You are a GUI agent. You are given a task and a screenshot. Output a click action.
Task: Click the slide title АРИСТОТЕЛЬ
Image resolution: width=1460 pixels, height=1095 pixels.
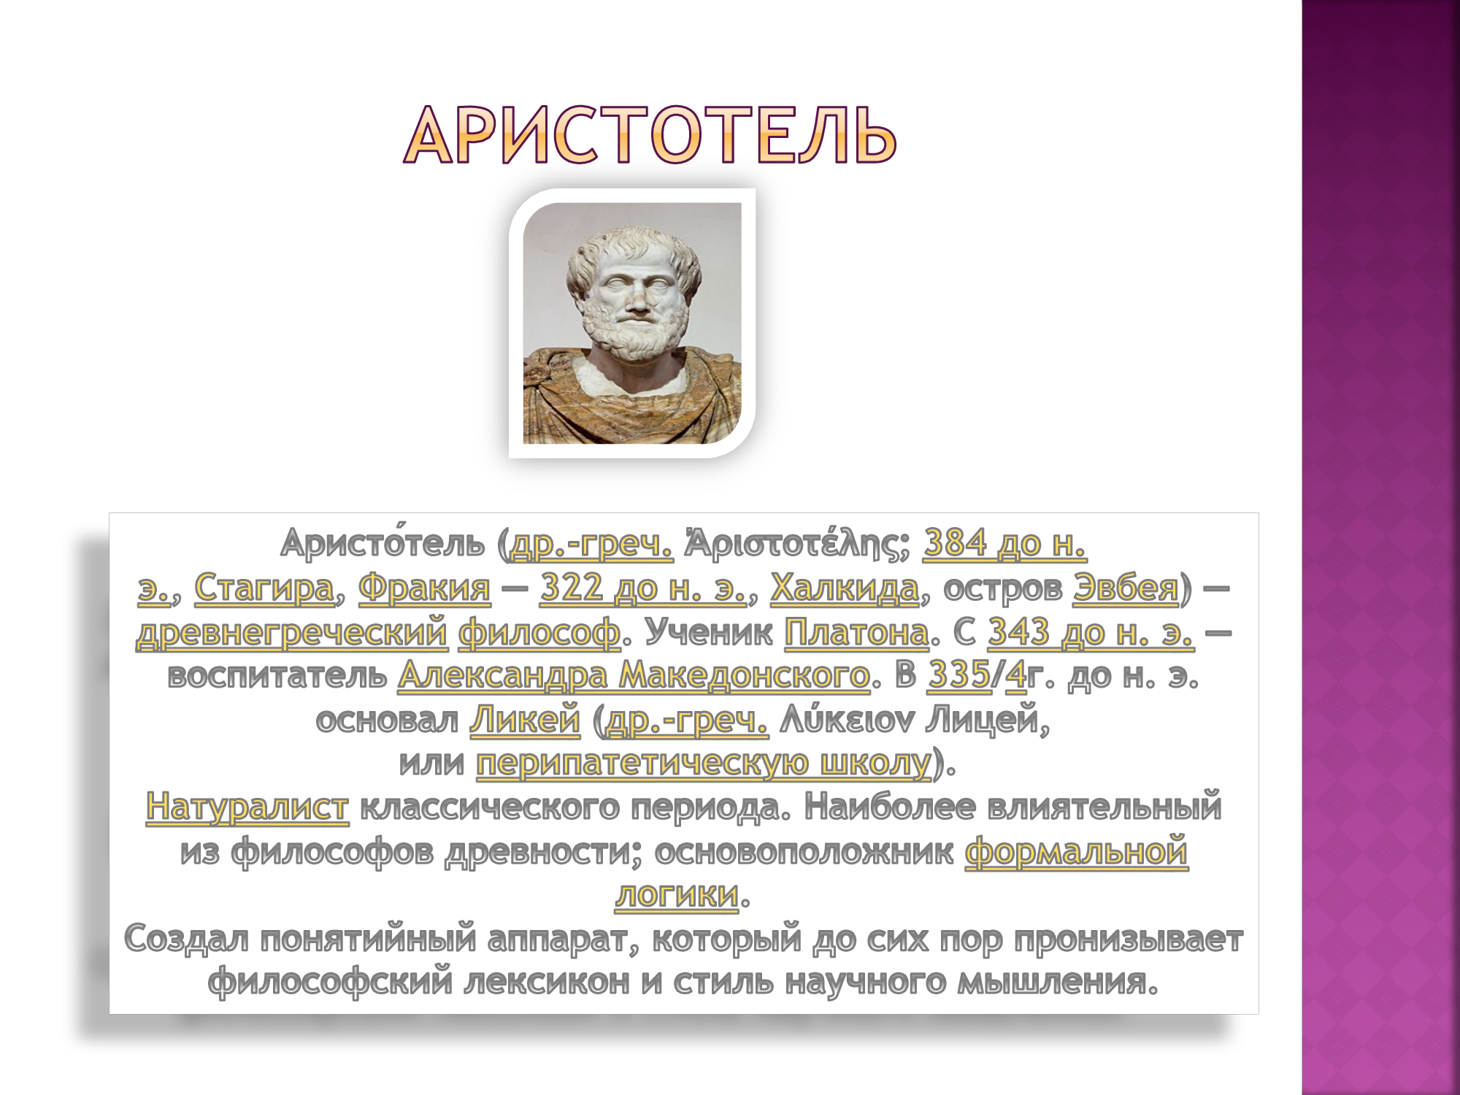(650, 135)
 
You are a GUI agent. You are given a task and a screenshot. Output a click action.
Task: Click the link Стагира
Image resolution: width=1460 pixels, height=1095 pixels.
(264, 588)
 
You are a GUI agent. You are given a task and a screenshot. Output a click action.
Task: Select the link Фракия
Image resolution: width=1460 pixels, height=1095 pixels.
(424, 588)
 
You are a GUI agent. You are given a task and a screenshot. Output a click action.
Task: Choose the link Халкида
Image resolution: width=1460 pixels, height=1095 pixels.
(845, 588)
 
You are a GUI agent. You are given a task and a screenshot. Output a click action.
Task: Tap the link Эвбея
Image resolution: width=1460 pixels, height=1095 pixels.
(1126, 588)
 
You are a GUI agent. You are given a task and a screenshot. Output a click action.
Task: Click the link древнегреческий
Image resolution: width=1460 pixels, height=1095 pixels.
(291, 632)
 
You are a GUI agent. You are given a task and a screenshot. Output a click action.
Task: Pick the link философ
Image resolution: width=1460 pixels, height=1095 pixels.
(539, 632)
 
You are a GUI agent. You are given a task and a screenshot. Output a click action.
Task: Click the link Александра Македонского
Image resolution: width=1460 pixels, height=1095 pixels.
(634, 676)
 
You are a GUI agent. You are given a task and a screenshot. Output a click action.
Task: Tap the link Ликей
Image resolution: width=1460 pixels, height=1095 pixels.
(525, 720)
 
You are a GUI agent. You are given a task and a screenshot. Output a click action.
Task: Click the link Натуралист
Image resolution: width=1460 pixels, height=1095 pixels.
(247, 807)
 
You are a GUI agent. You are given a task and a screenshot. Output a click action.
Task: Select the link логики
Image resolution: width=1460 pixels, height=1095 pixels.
(677, 895)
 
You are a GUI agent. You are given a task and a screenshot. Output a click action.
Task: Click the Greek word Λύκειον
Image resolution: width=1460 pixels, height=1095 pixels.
(847, 720)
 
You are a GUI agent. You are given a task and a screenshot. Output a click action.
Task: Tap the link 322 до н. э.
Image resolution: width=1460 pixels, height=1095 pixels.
(643, 588)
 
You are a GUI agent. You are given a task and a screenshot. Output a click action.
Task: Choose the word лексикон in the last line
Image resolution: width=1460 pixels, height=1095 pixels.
(547, 983)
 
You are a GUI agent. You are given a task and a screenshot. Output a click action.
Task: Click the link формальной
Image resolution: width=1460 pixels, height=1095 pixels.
(1077, 851)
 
